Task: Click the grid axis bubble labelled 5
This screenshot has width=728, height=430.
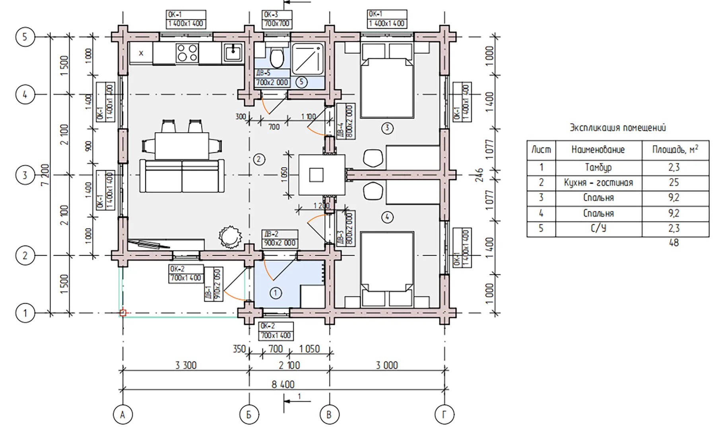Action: click(x=25, y=37)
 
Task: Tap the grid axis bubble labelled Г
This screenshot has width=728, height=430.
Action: click(x=444, y=415)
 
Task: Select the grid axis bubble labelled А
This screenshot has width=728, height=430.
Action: click(x=122, y=415)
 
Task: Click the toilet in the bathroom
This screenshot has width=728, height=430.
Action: click(x=277, y=58)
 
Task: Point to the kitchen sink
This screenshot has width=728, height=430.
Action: click(x=233, y=53)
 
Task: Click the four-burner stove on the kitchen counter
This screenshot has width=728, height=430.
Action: click(x=187, y=53)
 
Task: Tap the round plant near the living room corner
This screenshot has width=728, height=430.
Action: click(x=230, y=237)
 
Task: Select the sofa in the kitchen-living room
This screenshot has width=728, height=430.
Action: click(x=182, y=176)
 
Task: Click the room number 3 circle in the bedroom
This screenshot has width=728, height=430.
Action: click(x=387, y=128)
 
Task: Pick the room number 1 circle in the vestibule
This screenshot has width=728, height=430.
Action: click(x=276, y=293)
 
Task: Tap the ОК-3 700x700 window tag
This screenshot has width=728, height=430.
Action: click(x=277, y=19)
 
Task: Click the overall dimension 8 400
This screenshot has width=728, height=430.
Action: click(x=283, y=384)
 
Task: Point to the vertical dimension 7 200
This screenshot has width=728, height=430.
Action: click(x=45, y=174)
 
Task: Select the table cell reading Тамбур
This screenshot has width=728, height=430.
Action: click(x=598, y=168)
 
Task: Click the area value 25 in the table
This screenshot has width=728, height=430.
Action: click(x=674, y=183)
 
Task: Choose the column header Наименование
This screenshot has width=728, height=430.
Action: click(x=598, y=150)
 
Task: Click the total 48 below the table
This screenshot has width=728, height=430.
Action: click(x=674, y=243)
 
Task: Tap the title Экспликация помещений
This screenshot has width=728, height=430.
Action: click(x=617, y=128)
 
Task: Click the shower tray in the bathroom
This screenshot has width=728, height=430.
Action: click(x=307, y=59)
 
